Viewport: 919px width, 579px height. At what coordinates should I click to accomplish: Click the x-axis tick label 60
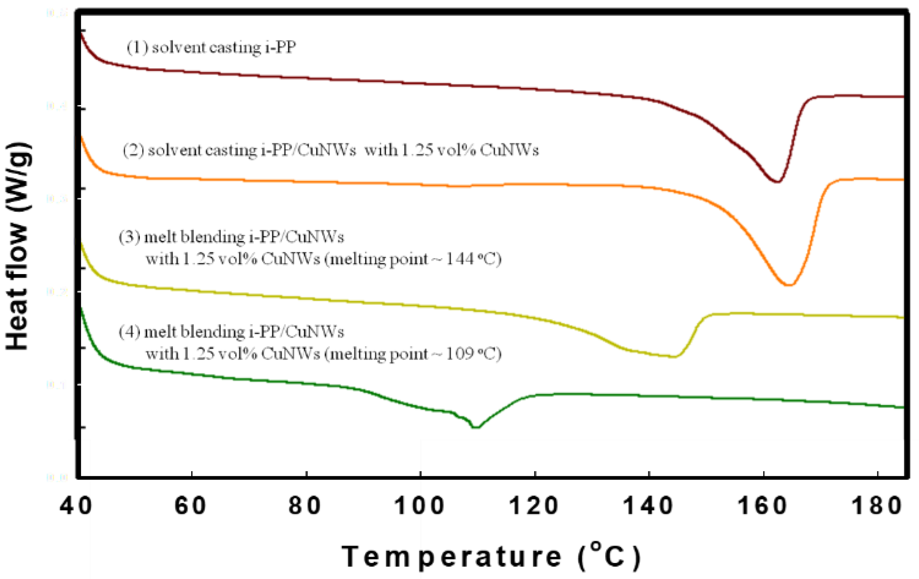(190, 506)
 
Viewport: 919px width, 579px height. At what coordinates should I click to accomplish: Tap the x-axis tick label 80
(305, 506)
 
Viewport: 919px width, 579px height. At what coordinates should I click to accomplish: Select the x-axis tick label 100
(419, 506)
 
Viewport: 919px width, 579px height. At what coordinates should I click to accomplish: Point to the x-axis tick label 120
(534, 506)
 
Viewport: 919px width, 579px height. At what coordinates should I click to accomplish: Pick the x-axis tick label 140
(648, 506)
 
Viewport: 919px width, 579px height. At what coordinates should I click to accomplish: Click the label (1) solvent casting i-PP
(211, 48)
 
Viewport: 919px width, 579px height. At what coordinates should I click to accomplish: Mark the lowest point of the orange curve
(789, 285)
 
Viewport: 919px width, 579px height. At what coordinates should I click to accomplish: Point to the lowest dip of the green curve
(476, 427)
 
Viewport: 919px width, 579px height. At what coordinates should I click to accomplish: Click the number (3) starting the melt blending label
(129, 237)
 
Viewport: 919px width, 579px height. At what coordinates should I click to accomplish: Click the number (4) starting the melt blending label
(129, 332)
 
